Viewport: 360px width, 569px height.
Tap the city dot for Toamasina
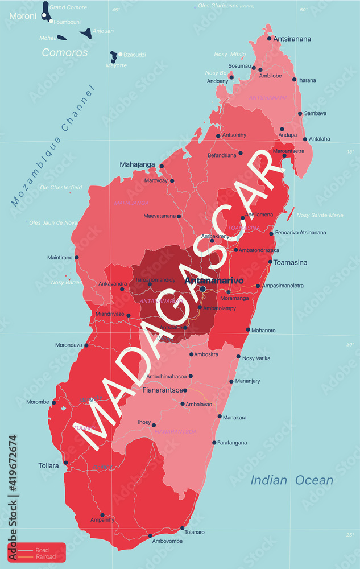point(270,262)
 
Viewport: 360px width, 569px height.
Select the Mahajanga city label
point(137,164)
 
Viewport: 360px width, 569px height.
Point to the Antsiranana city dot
point(270,39)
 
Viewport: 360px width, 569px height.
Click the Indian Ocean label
point(292,480)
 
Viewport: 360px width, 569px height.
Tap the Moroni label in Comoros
point(22,17)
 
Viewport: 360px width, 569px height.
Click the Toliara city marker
point(66,463)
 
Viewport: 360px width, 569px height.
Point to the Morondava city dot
point(86,345)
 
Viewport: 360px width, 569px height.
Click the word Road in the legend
point(42,550)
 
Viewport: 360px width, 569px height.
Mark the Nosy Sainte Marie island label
point(320,215)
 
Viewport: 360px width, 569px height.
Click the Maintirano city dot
point(77,257)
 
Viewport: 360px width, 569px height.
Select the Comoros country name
point(65,52)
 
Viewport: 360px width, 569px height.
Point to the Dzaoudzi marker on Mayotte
point(121,55)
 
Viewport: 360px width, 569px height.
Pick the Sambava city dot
point(300,113)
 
